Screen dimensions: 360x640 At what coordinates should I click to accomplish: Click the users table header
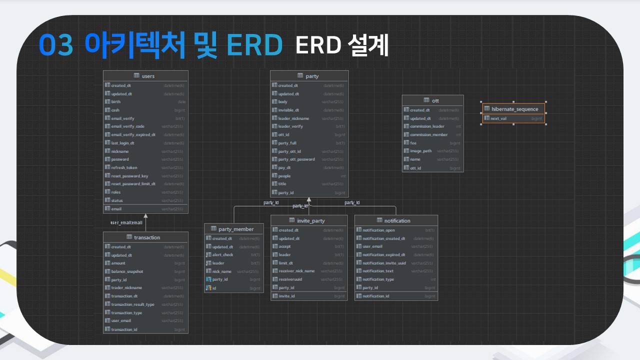pyautogui.click(x=145, y=76)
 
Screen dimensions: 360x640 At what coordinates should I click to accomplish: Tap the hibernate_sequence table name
pyautogui.click(x=514, y=109)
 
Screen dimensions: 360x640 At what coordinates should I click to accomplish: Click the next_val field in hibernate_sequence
pyautogui.click(x=498, y=118)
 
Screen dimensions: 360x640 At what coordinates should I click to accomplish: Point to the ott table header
pyautogui.click(x=433, y=100)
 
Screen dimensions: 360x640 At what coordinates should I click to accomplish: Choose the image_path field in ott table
pyautogui.click(x=420, y=151)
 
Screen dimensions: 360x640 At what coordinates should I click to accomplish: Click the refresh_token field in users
pyautogui.click(x=124, y=167)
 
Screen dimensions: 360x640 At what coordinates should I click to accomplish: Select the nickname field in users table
pyautogui.click(x=120, y=151)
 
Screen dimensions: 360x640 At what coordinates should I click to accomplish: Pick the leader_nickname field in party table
pyautogui.click(x=293, y=118)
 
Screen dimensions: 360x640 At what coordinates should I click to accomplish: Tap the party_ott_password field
pyautogui.click(x=296, y=159)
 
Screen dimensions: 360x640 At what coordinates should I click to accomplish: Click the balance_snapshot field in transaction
pyautogui.click(x=127, y=271)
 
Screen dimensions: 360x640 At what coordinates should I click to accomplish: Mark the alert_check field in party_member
pyautogui.click(x=222, y=255)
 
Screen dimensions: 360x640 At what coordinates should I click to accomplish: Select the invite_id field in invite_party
pyautogui.click(x=286, y=296)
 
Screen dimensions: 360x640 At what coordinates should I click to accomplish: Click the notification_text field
pyautogui.click(x=378, y=271)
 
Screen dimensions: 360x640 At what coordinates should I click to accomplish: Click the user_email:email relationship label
pyautogui.click(x=126, y=222)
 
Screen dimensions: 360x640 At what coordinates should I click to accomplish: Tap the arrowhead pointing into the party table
pyautogui.click(x=309, y=199)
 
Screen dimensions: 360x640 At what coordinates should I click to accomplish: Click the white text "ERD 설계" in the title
pyautogui.click(x=341, y=46)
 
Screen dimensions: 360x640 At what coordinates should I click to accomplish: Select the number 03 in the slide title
pyautogui.click(x=56, y=46)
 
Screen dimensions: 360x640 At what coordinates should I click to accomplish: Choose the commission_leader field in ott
pyautogui.click(x=427, y=126)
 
